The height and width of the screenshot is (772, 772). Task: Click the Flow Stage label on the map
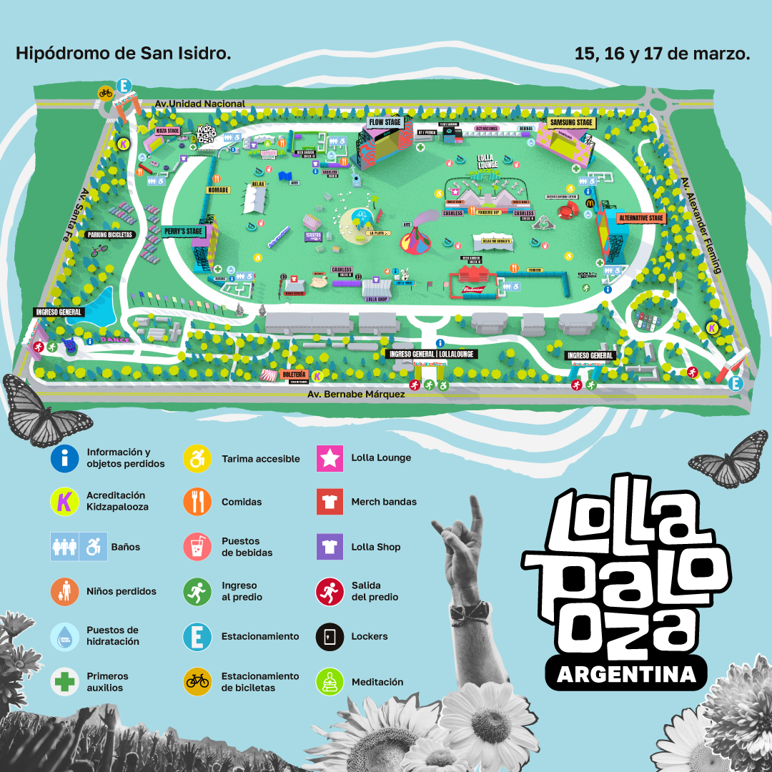(x=385, y=122)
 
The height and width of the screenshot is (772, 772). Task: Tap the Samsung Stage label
(x=571, y=122)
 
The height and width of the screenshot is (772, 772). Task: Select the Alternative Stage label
(x=640, y=217)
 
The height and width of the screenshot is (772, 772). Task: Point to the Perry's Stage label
(x=183, y=232)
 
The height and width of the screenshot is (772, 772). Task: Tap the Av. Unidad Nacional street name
(x=200, y=104)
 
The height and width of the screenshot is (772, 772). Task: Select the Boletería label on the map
(x=294, y=374)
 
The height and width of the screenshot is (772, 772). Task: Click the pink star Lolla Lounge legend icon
(x=330, y=457)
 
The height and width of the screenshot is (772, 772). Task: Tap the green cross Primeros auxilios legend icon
(x=64, y=682)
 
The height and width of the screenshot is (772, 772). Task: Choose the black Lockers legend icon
(x=330, y=636)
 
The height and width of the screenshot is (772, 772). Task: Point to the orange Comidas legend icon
(x=197, y=502)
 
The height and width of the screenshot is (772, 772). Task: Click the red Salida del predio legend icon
(x=330, y=591)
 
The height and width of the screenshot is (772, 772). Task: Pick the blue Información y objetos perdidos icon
(x=64, y=457)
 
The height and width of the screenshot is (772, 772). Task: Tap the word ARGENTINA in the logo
(x=626, y=674)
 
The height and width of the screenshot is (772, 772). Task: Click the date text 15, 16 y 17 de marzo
(x=662, y=54)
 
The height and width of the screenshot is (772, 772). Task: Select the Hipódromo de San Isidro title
(x=123, y=54)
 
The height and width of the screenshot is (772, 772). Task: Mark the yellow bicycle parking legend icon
(x=197, y=682)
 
